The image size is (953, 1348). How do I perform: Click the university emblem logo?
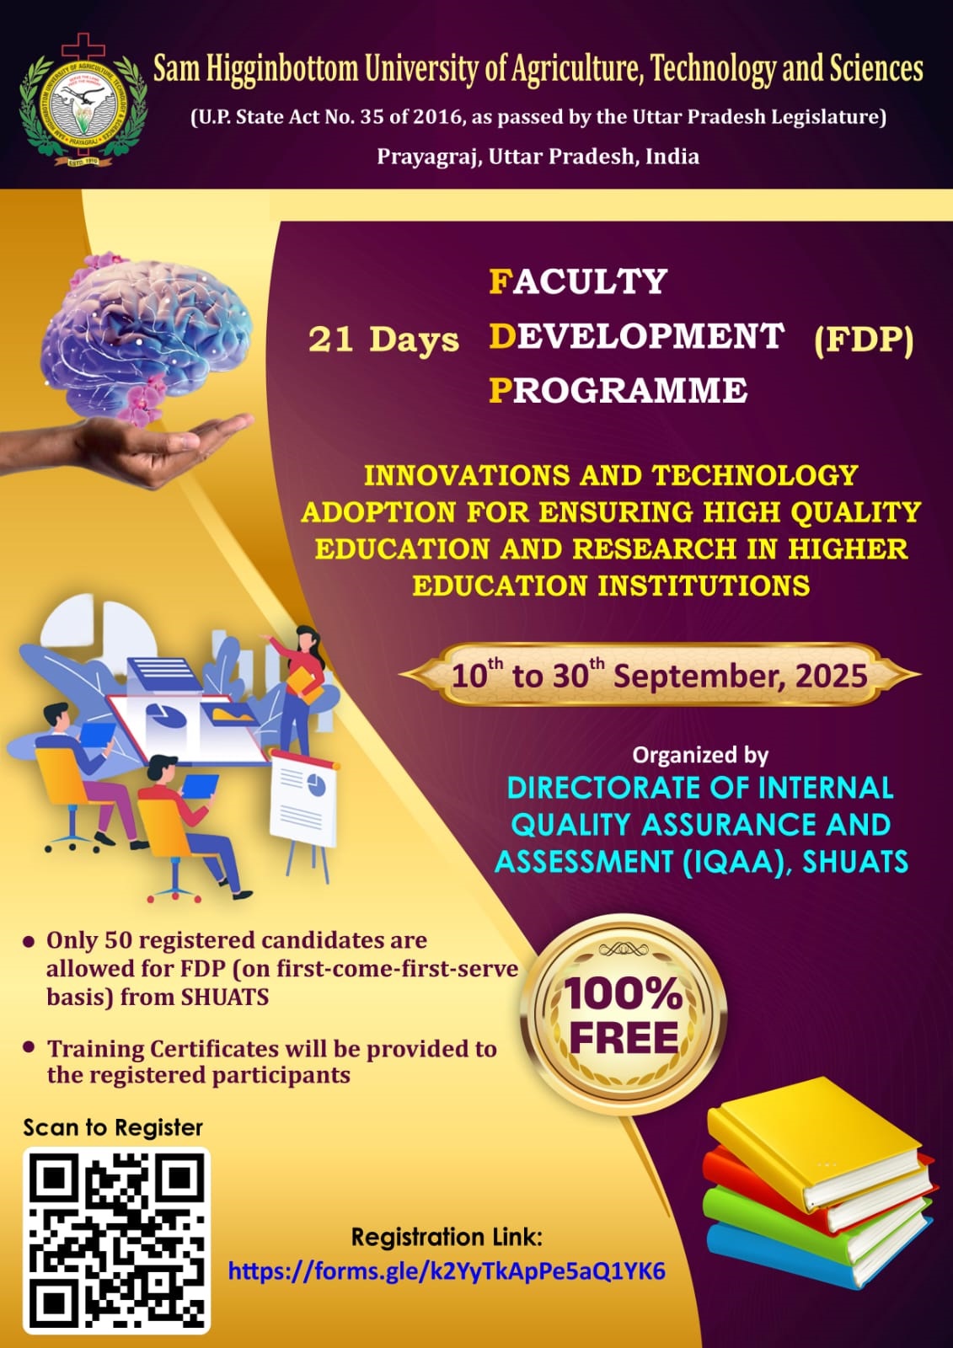(x=83, y=102)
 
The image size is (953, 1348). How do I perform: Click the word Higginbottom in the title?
(x=282, y=68)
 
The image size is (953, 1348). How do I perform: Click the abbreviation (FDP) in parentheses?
(x=864, y=340)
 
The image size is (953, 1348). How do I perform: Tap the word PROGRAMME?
(x=618, y=390)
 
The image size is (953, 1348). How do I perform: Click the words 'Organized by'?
(x=700, y=755)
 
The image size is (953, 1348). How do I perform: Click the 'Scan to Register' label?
(x=113, y=1127)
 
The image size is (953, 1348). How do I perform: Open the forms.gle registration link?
(x=447, y=1271)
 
